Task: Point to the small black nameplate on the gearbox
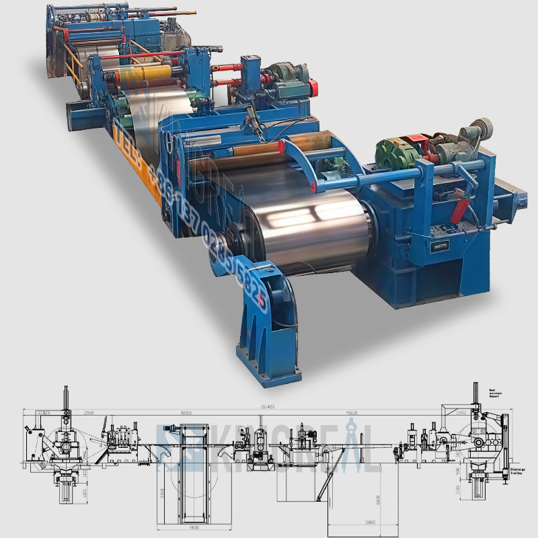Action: tap(442, 245)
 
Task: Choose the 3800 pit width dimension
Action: tap(352, 521)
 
